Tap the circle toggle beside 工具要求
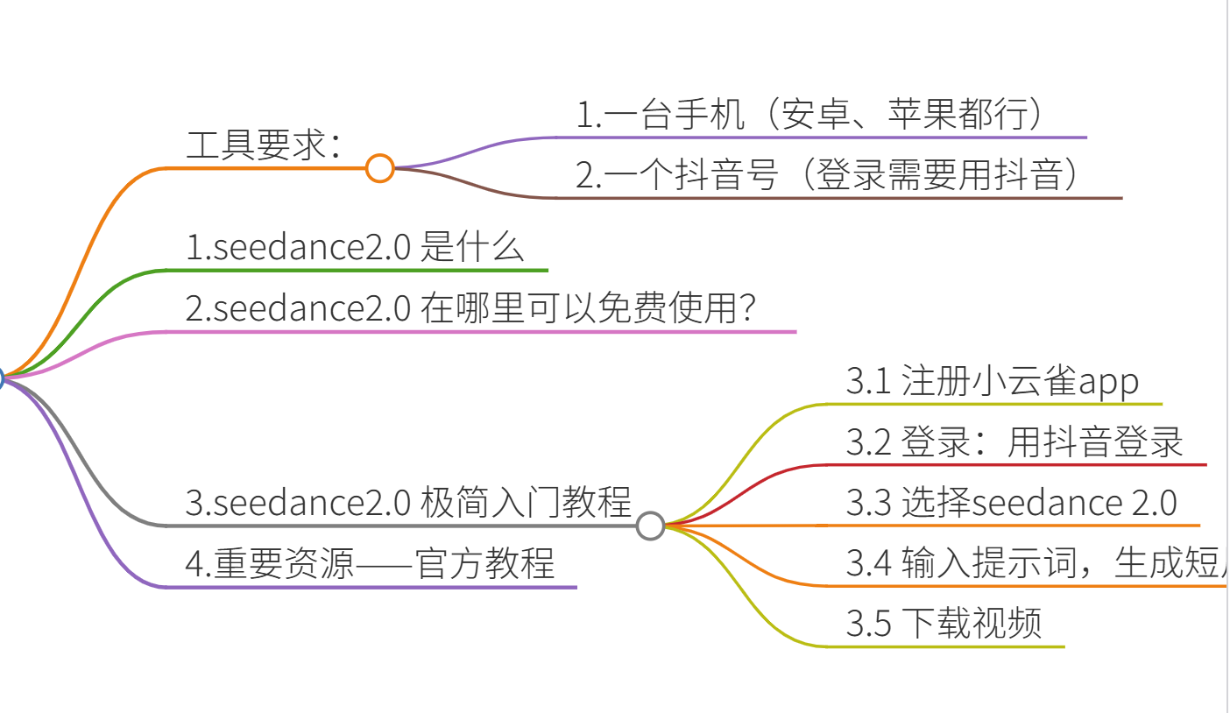[379, 167]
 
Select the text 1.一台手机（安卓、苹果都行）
[811, 116]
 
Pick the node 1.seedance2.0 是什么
[355, 249]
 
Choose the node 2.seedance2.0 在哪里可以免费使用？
[471, 309]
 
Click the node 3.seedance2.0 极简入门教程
[408, 503]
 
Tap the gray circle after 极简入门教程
[650, 526]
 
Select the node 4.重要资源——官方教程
[370, 563]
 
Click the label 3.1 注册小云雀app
[993, 382]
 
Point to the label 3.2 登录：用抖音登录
[1014, 442]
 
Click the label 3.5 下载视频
[944, 624]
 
